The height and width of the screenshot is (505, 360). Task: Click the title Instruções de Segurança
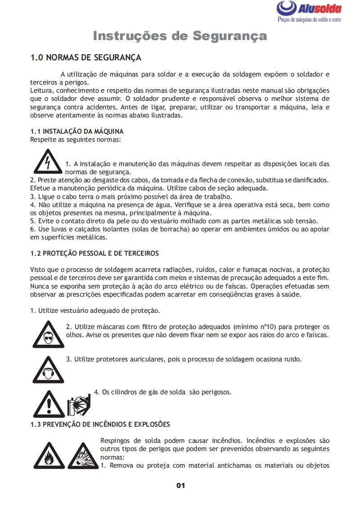pos(180,36)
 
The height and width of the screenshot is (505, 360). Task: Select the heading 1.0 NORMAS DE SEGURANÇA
pos(85,58)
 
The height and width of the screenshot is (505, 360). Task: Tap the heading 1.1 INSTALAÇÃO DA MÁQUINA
pos(76,131)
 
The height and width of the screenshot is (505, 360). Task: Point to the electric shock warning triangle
pos(47,162)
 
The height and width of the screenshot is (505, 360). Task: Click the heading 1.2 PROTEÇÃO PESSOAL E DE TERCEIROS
pos(94,253)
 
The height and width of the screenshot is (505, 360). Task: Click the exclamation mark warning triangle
pos(49,403)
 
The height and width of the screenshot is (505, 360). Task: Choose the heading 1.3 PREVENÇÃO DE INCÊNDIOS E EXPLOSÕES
pos(100,424)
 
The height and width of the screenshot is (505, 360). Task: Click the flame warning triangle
pos(48,455)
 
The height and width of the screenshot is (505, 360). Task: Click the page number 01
pos(180,485)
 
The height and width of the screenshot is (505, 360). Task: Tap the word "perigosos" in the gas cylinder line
pos(216,392)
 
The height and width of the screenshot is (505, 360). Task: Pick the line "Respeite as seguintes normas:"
pos(75,139)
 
